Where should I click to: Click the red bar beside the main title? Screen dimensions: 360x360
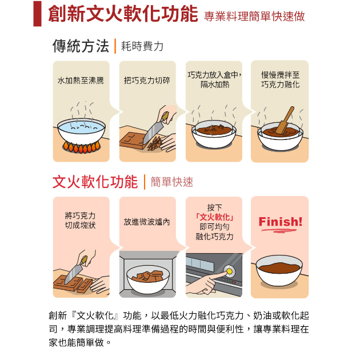click(x=37, y=14)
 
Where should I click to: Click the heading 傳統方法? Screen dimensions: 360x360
click(x=81, y=46)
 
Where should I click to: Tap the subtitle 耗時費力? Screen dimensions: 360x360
click(x=142, y=46)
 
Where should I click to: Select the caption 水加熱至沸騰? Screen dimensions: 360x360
click(x=81, y=81)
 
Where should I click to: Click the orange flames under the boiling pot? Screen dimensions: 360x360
click(x=81, y=147)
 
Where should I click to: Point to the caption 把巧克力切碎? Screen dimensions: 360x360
click(x=147, y=81)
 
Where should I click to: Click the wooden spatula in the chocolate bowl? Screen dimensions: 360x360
click(x=285, y=120)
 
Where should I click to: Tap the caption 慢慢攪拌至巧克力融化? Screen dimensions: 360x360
click(x=281, y=79)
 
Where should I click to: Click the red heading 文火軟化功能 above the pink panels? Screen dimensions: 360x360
click(x=95, y=182)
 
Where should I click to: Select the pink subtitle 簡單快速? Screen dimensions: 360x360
click(x=172, y=182)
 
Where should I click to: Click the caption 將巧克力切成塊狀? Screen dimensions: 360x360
click(x=80, y=221)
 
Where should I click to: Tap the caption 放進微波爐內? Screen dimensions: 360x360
click(x=147, y=222)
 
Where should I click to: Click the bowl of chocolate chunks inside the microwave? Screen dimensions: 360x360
click(x=148, y=279)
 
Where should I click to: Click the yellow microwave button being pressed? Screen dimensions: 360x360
click(x=229, y=271)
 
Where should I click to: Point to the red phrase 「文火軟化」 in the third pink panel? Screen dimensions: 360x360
click(x=215, y=217)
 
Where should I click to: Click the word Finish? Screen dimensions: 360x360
click(x=281, y=222)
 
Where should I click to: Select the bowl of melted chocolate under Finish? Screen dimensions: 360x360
click(x=279, y=270)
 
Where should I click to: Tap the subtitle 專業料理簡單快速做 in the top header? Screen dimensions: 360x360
click(x=254, y=17)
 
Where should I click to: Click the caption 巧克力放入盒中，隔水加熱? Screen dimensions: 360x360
click(x=215, y=79)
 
